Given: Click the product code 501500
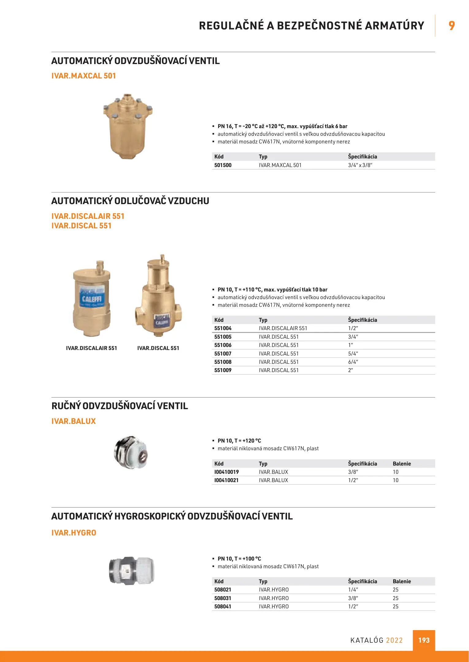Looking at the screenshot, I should tap(223, 165).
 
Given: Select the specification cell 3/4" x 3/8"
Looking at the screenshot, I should tap(360, 165).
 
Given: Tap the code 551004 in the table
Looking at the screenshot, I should tap(223, 328).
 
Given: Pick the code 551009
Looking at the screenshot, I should tap(223, 370).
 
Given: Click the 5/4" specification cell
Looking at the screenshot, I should tap(353, 354).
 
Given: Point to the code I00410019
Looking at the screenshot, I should tap(226, 472).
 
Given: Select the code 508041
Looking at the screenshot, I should tap(223, 607).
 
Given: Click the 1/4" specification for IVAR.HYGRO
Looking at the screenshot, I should tap(353, 590).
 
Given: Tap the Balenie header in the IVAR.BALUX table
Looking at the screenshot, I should tap(402, 464).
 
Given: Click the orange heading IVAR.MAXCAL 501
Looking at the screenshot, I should tap(83, 76).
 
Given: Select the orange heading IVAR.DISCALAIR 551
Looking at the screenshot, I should tap(88, 216).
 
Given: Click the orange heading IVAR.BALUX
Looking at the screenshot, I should tap(74, 421).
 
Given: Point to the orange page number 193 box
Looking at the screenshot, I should tap(424, 640).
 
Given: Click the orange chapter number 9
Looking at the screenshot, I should tap(452, 25).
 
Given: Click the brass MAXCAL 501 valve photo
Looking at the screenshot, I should tap(128, 126).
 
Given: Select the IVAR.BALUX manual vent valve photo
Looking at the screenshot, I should tap(131, 452).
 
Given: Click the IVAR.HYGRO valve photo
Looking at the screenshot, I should tap(132, 570).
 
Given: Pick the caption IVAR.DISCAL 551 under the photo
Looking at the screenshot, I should tap(158, 348).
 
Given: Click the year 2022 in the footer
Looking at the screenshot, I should tap(394, 640).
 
